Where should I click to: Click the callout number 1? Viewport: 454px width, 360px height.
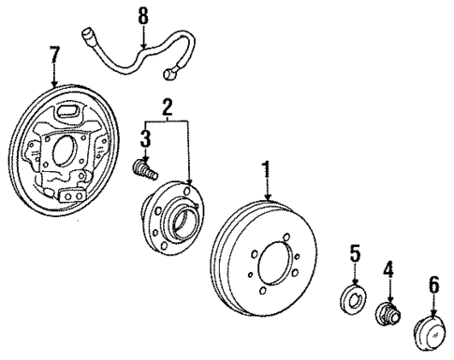(x=268, y=171)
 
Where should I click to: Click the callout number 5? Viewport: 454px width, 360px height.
(x=355, y=252)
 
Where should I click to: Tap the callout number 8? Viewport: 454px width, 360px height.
(x=142, y=15)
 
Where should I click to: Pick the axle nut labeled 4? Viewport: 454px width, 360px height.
(x=388, y=314)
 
